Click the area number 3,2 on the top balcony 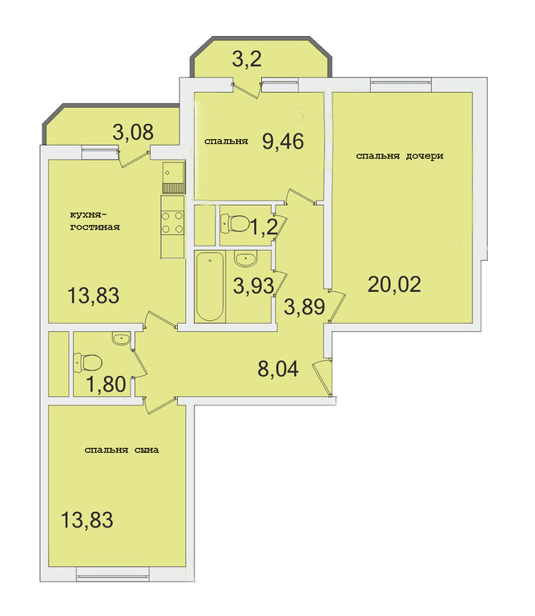click(247, 60)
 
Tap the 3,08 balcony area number click(133, 132)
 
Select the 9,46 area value click(284, 142)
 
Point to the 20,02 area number click(394, 285)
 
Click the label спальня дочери click(400, 156)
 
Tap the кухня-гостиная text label click(95, 221)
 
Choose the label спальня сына click(122, 450)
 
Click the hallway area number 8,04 click(278, 369)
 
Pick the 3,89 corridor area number click(304, 307)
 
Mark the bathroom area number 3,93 click(253, 286)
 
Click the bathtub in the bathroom click(210, 286)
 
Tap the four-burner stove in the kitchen click(172, 222)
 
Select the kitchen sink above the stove click(172, 173)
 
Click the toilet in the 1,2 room click(235, 222)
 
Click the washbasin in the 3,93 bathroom click(246, 258)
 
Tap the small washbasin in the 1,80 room click(120, 339)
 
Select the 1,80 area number click(106, 384)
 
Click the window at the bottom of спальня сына click(112, 574)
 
